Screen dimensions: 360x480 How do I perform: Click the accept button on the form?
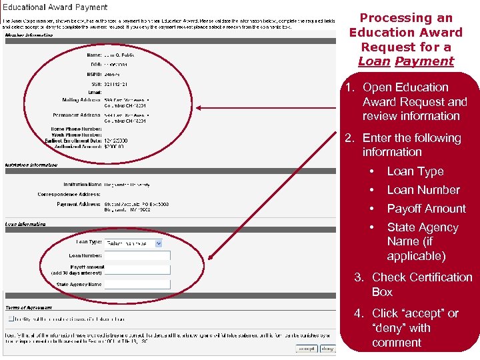(x=307, y=348)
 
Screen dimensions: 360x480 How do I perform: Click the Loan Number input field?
(x=137, y=255)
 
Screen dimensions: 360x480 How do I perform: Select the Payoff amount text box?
(x=137, y=270)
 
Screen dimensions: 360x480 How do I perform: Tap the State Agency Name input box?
(x=137, y=285)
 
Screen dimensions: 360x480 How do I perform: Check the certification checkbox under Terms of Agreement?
(x=9, y=318)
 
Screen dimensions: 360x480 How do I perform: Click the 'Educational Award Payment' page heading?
(x=56, y=7)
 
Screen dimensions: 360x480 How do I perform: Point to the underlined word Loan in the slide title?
(x=374, y=61)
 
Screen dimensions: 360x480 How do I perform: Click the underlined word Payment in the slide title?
(x=424, y=61)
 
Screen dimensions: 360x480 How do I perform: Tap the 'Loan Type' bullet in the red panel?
(x=415, y=171)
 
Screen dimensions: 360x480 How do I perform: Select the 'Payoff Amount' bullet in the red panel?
(x=426, y=209)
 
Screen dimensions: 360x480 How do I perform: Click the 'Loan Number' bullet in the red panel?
(x=423, y=190)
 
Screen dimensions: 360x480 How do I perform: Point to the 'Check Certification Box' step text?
(x=421, y=285)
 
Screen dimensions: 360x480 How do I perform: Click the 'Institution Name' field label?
(x=83, y=185)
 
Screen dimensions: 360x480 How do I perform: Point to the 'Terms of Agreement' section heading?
(x=29, y=307)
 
